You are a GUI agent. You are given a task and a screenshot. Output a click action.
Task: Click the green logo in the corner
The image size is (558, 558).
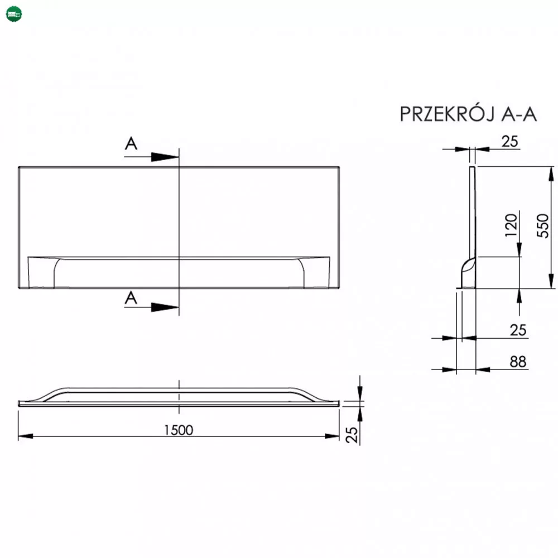(14, 15)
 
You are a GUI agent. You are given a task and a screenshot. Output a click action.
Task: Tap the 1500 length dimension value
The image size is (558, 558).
(179, 430)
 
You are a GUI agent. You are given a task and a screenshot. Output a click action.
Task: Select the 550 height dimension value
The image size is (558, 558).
(543, 225)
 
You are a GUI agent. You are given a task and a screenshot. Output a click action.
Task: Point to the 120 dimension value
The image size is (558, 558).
(511, 225)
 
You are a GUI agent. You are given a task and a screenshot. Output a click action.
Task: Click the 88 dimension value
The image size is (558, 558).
(518, 362)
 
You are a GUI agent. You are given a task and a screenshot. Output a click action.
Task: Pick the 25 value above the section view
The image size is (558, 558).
(509, 141)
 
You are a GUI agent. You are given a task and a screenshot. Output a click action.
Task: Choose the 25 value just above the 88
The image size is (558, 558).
(518, 330)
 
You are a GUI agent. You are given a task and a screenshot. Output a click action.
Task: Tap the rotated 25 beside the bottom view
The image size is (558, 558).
(352, 435)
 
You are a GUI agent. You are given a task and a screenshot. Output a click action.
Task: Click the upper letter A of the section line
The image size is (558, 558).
(131, 143)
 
